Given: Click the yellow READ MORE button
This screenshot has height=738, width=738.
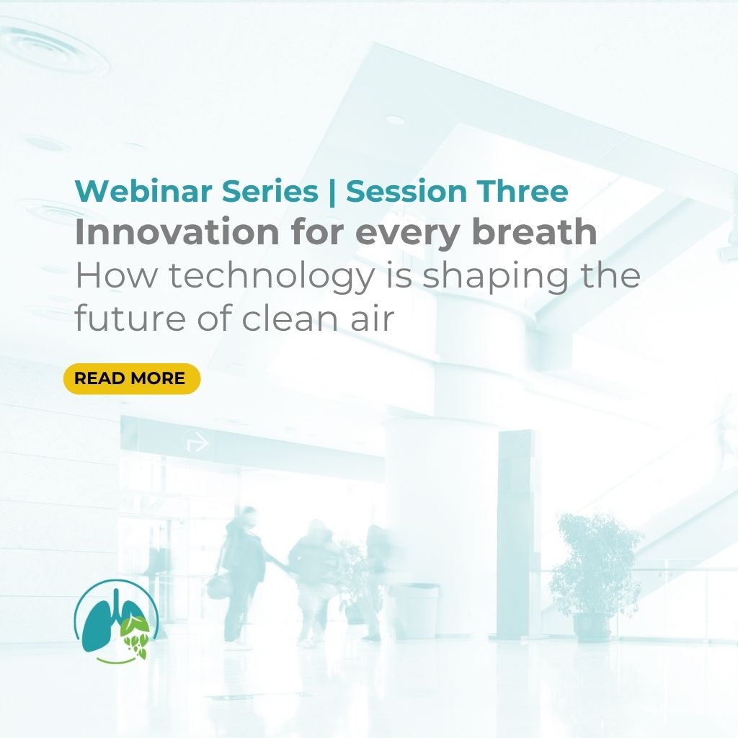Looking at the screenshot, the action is [132, 378].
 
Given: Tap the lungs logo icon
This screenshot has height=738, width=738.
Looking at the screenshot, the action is [116, 621].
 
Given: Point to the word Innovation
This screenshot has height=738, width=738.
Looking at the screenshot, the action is [177, 233].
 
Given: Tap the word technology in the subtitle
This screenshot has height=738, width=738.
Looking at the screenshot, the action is [272, 277].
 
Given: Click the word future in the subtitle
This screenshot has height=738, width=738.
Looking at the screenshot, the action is [130, 318].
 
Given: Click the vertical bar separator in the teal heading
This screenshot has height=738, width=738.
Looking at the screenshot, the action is [332, 192].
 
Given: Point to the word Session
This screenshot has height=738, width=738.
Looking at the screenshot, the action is [406, 191].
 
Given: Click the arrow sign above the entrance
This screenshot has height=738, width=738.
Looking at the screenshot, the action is [196, 442].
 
